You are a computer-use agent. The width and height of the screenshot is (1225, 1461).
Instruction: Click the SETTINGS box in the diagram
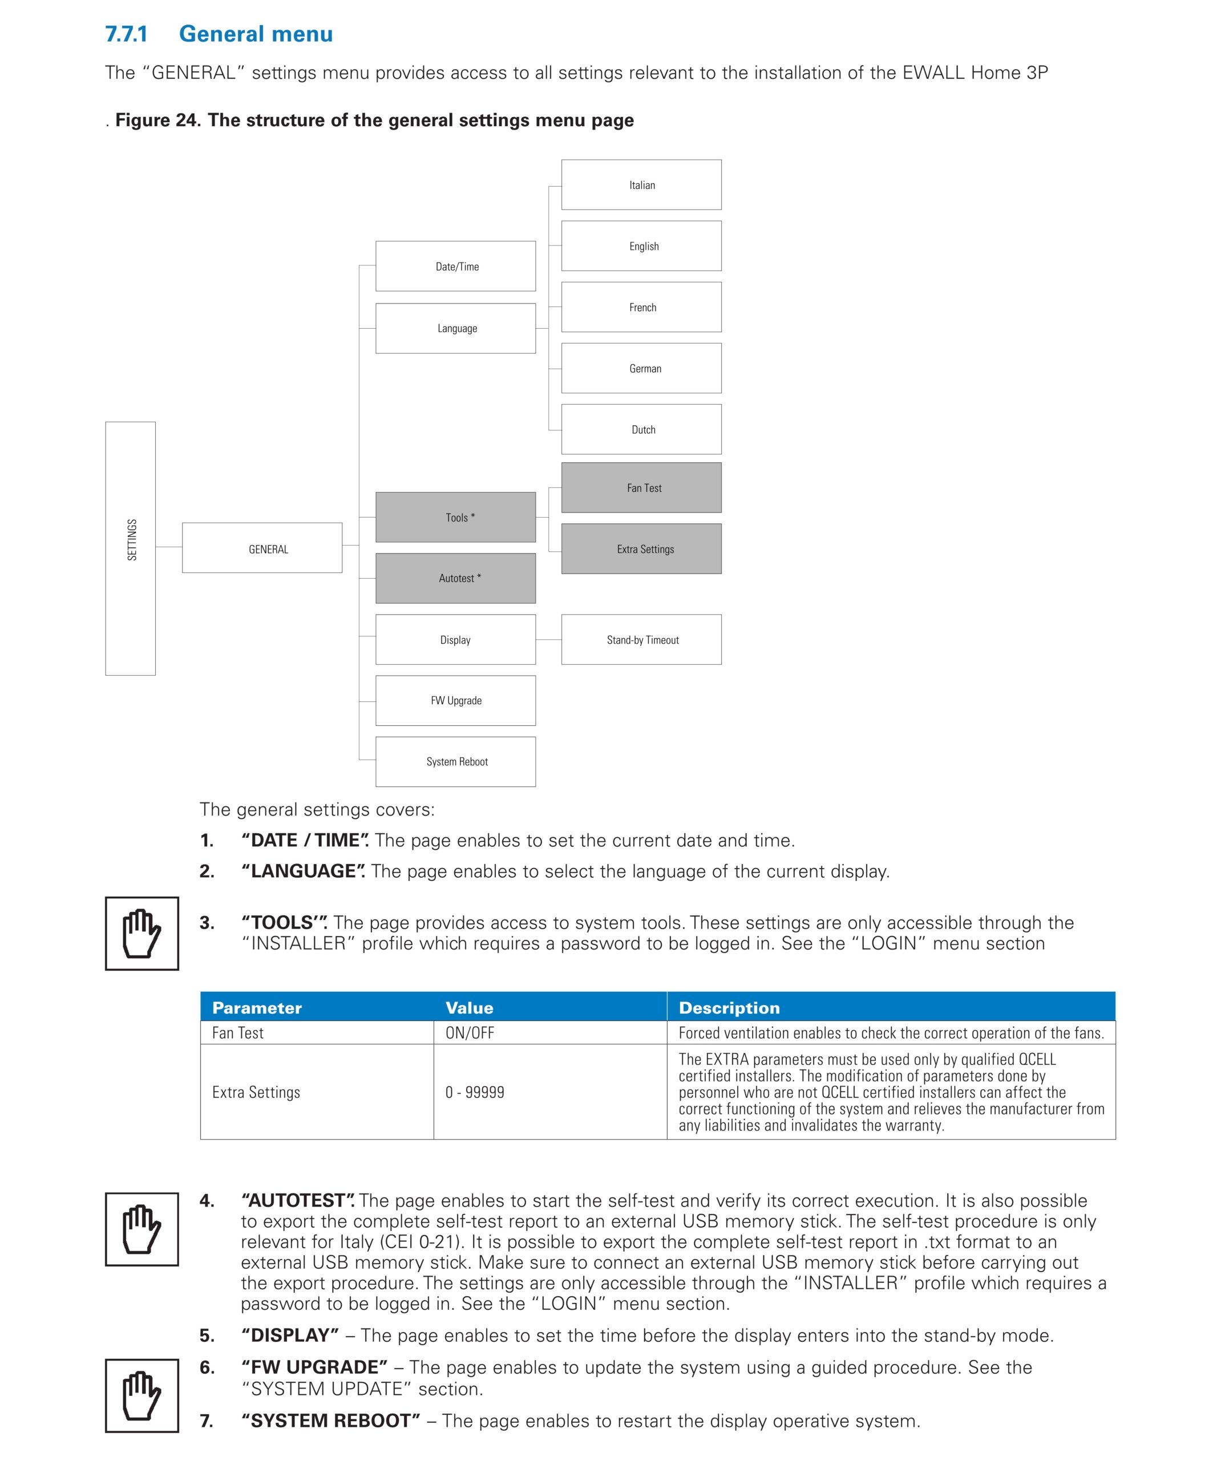[x=131, y=548]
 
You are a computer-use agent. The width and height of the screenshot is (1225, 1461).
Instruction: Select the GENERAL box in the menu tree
[x=262, y=548]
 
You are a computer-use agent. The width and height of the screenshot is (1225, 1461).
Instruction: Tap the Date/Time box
[x=456, y=267]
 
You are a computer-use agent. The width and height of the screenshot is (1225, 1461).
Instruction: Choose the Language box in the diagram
[x=456, y=328]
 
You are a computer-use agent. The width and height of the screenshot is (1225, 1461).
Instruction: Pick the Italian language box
[x=641, y=185]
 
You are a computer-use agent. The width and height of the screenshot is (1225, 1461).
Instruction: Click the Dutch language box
[x=641, y=429]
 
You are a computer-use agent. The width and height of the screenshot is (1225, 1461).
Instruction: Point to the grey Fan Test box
[x=641, y=488]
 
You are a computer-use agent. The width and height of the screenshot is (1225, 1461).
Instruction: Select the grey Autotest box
[x=456, y=578]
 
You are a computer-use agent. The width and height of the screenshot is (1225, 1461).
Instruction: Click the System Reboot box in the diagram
[x=456, y=762]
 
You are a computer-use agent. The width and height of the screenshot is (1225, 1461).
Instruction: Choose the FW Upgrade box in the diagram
[x=456, y=701]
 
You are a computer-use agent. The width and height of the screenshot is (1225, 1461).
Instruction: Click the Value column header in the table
[x=470, y=1008]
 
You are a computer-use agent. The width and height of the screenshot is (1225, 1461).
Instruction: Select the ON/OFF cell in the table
[x=470, y=1033]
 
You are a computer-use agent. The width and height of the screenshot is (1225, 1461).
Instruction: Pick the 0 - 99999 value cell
[x=475, y=1092]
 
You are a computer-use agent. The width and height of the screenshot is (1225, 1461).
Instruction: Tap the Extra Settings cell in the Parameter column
[x=256, y=1092]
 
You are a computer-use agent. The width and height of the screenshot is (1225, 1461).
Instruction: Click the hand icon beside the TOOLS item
[x=142, y=934]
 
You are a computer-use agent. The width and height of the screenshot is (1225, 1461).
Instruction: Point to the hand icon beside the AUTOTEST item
[x=142, y=1229]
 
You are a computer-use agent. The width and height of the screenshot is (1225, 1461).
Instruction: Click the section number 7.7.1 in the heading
[x=127, y=34]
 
